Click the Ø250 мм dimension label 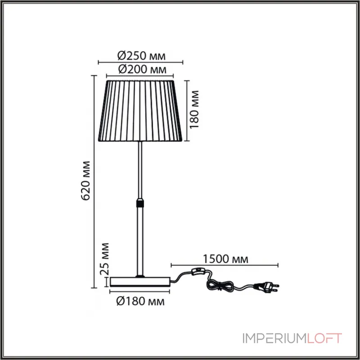coord(141,56)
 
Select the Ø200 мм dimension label coord(142,69)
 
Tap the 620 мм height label coord(86,181)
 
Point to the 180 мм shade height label coord(194,109)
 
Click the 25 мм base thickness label coord(105,259)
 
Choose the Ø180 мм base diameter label coord(140,301)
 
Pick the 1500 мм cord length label coord(225,259)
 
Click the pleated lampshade coord(140,111)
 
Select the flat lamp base coord(140,282)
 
